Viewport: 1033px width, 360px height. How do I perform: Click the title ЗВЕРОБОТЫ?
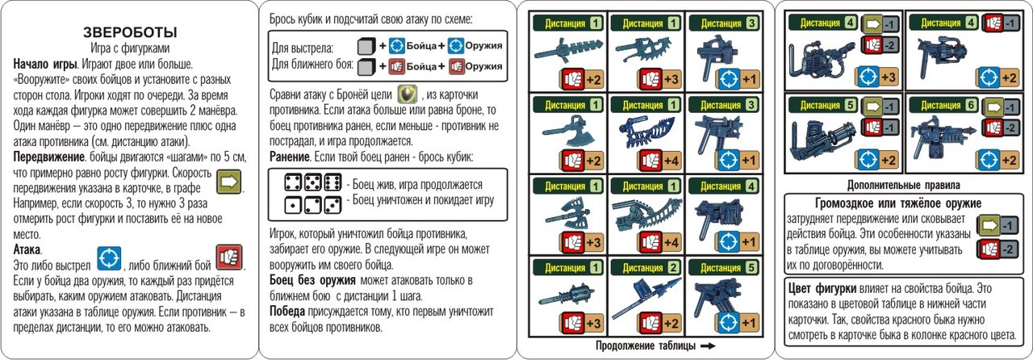130,32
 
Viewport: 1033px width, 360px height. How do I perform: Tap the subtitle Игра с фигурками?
130,48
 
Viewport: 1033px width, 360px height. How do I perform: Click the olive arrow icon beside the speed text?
229,182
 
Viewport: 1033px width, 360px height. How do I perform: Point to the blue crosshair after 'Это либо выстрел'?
109,258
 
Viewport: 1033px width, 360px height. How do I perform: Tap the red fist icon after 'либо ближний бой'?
229,257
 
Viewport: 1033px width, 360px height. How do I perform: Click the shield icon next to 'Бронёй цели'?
408,94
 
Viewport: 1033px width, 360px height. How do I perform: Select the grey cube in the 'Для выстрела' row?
366,46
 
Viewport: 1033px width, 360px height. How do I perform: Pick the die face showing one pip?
293,204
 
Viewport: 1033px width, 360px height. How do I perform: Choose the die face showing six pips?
332,182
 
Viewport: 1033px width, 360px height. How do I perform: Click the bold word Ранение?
290,157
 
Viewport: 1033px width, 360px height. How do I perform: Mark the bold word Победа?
286,312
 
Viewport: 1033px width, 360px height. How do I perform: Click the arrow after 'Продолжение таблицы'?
708,345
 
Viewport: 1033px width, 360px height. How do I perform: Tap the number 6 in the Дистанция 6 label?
971,105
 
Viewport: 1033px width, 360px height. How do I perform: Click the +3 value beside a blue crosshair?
889,77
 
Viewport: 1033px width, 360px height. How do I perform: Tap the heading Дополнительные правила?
903,185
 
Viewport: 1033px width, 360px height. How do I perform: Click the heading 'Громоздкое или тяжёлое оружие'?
898,203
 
